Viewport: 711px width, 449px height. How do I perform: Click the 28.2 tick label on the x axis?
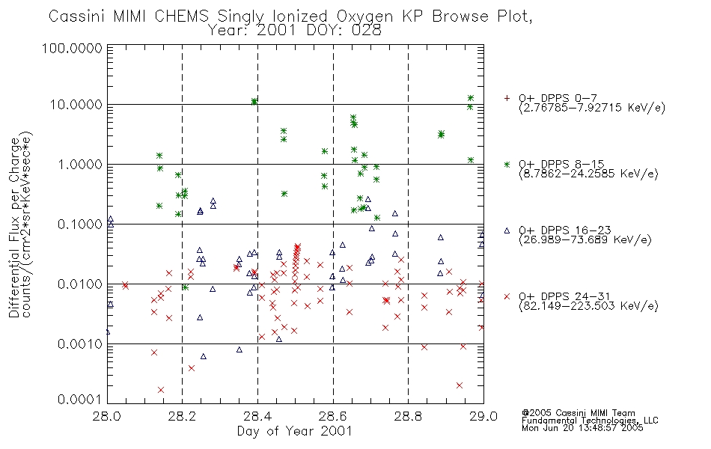pos(183,416)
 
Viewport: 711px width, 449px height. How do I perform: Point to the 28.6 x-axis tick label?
pos(333,416)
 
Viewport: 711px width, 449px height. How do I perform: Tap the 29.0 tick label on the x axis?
pos(483,416)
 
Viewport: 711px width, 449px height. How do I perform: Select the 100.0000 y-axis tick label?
pos(72,48)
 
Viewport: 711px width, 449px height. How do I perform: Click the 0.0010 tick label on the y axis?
pos(80,344)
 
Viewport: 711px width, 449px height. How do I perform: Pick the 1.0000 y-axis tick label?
pos(80,164)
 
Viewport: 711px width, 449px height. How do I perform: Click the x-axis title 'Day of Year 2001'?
pos(295,431)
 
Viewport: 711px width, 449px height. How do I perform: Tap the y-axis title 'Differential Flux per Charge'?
pos(14,227)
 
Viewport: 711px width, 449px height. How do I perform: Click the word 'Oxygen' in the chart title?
pos(365,16)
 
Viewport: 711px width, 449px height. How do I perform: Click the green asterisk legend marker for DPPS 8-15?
pos(507,165)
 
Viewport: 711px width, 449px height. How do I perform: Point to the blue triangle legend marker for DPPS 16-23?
pos(507,230)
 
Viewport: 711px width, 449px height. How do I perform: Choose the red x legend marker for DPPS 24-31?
pos(507,296)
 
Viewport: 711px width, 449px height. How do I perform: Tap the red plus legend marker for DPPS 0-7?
pos(507,98)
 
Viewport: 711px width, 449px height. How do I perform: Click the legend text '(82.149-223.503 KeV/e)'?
pos(588,306)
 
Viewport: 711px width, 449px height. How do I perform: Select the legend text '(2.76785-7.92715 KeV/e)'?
pos(592,108)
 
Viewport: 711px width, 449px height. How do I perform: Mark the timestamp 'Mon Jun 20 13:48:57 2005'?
pos(582,428)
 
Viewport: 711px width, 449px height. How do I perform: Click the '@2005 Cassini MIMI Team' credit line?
pos(578,413)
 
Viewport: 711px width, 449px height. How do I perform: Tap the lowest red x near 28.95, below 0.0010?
pos(460,385)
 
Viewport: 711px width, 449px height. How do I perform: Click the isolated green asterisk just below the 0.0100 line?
pos(185,287)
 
